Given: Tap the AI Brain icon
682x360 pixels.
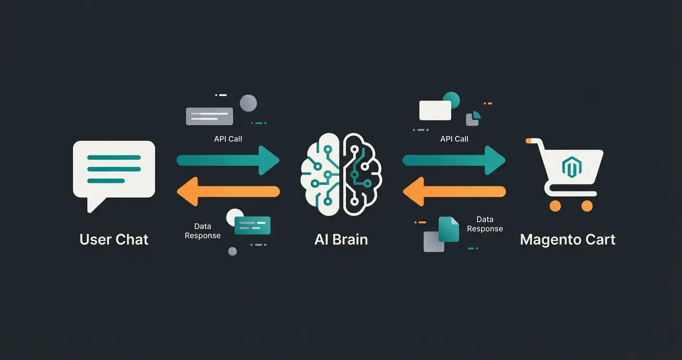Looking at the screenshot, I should point(341,173).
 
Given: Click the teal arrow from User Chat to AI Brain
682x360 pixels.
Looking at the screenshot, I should point(227,160).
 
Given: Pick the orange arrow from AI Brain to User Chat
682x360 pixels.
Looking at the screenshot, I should point(227,191).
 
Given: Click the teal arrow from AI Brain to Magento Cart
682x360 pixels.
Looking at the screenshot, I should point(454,160).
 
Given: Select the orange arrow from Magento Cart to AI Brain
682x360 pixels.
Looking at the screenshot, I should point(454,191).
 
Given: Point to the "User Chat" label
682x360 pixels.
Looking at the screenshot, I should point(114,239).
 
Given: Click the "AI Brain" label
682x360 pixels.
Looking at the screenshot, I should point(341,239).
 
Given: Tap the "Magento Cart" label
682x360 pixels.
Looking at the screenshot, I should point(568,239).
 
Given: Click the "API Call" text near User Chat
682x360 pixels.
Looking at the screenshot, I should point(228,139).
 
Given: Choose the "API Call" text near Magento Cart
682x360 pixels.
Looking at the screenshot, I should point(454,139).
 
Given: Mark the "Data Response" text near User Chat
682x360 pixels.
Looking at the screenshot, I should point(203,231).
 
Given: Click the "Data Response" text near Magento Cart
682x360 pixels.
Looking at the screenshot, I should point(485,224).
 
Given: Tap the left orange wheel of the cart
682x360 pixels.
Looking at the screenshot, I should point(555,206).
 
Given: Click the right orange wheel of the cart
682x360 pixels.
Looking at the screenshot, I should point(587,206).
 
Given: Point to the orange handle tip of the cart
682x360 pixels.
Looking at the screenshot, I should point(528,141).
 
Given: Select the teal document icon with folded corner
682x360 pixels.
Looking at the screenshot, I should point(449,229).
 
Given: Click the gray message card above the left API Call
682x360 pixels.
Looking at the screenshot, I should point(209,116).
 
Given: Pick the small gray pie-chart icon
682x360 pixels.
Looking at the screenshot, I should point(473,118).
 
